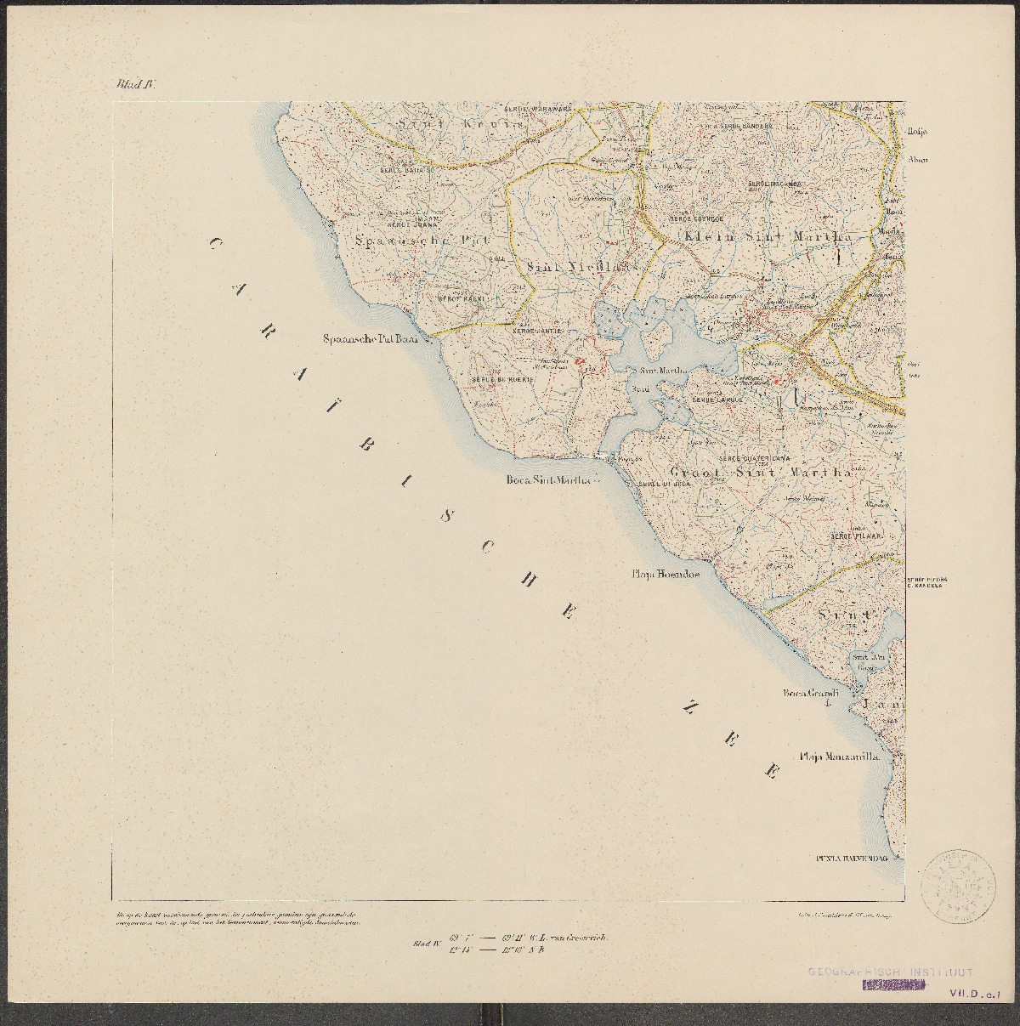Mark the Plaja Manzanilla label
click(837, 756)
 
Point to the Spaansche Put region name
click(411, 240)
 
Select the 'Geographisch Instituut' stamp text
click(889, 972)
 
